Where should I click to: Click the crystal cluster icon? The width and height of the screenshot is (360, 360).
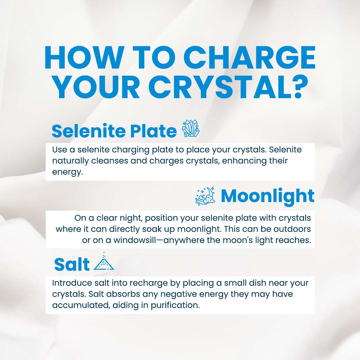[191, 128]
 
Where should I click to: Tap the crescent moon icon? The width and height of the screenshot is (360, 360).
[205, 196]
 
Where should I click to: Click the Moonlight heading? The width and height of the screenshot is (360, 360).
[268, 196]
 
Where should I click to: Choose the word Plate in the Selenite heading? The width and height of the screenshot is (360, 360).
[153, 131]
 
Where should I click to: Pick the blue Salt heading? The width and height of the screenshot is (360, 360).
[72, 264]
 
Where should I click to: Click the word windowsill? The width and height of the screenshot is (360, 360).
[135, 240]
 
